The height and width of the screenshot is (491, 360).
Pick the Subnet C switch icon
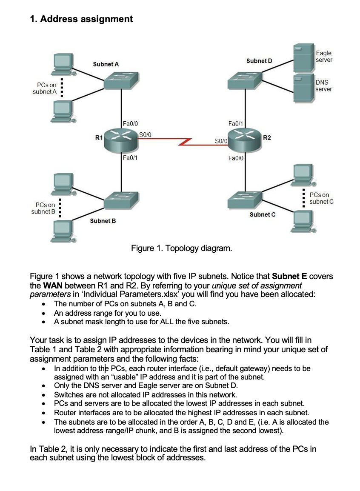(x=244, y=198)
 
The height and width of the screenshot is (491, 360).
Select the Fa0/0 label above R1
(x=129, y=123)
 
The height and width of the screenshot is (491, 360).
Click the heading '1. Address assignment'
(x=81, y=19)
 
